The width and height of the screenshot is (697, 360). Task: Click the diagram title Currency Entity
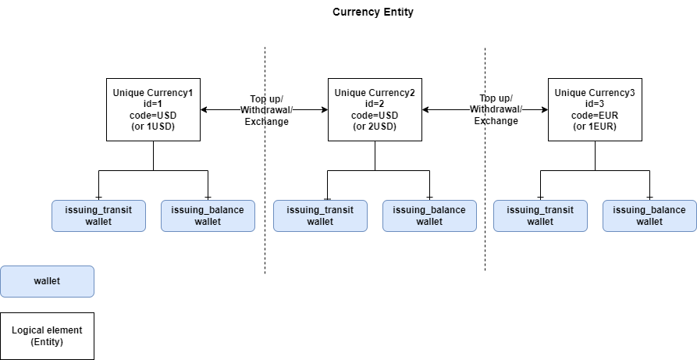(x=372, y=12)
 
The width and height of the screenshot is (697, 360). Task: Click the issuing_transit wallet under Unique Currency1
(x=98, y=216)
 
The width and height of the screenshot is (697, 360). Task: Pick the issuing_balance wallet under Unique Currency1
(x=208, y=216)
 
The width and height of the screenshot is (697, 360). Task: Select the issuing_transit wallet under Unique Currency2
(x=320, y=216)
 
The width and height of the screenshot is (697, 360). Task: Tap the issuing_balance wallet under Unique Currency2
(x=429, y=216)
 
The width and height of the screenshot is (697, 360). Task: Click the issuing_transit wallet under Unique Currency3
(x=540, y=216)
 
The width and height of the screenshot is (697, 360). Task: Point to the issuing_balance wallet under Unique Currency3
(x=649, y=216)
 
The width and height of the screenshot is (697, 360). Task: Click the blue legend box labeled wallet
(x=47, y=281)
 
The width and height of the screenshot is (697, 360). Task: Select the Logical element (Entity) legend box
(x=47, y=337)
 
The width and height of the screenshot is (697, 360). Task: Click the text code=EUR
(x=595, y=115)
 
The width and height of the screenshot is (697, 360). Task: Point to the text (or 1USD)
(x=153, y=126)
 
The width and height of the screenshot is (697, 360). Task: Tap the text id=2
(x=375, y=104)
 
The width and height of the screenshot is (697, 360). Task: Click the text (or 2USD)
(x=375, y=126)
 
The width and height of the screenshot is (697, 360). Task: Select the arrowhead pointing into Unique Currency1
(x=204, y=110)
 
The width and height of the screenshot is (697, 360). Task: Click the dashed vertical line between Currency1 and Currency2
(x=265, y=195)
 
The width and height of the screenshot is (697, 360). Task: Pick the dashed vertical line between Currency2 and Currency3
(x=485, y=195)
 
